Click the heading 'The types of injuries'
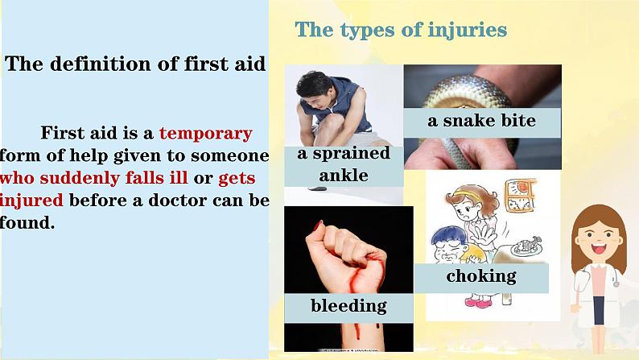[x=401, y=31]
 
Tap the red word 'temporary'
[x=206, y=134]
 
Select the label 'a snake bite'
[x=481, y=122]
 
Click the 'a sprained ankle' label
[x=343, y=164]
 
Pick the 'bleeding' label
[x=348, y=306]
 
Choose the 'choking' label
[x=481, y=276]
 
